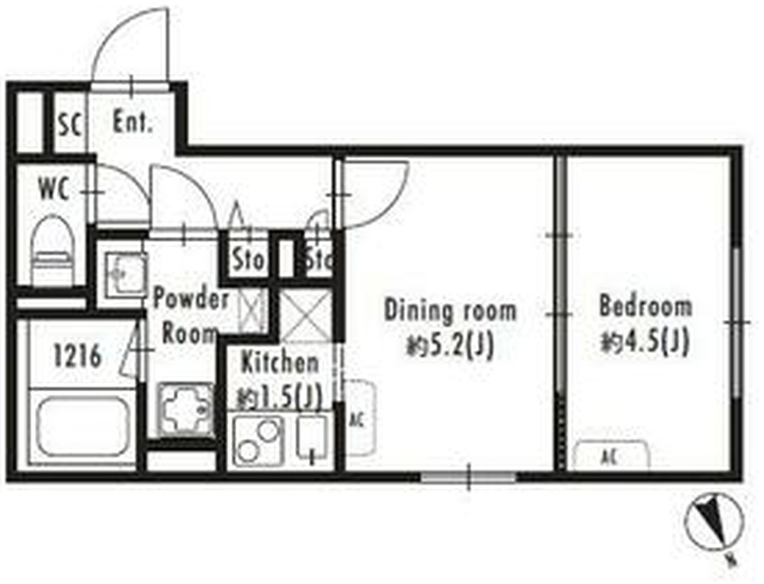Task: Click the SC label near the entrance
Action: [70, 124]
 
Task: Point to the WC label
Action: [53, 188]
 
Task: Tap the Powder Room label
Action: [190, 317]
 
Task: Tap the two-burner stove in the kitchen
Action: [257, 441]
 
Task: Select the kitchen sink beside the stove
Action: [312, 437]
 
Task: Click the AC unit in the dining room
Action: [359, 418]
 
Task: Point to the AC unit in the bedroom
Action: [611, 456]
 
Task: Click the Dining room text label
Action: [450, 312]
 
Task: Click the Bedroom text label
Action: [645, 306]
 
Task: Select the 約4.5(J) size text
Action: [645, 342]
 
